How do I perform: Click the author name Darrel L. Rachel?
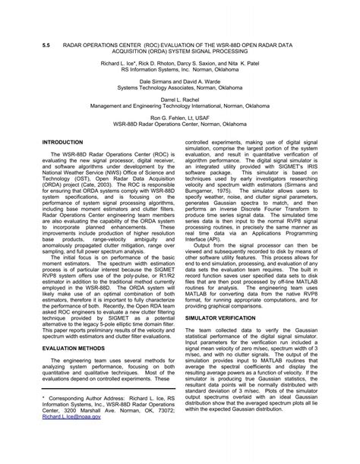[180, 100]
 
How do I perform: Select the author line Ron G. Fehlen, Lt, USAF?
[180, 118]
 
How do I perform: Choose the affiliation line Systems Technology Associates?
[180, 88]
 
